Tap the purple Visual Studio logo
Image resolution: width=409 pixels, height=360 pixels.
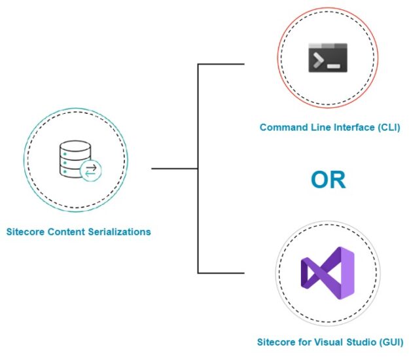pyautogui.click(x=327, y=274)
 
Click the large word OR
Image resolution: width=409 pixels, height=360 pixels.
pyautogui.click(x=328, y=179)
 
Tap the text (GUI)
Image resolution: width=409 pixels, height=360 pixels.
pyautogui.click(x=390, y=342)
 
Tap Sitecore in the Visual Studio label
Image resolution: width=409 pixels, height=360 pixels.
pyautogui.click(x=276, y=342)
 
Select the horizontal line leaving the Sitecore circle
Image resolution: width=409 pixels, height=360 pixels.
pyautogui.click(x=174, y=168)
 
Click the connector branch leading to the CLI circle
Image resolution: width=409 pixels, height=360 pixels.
pyautogui.click(x=221, y=64)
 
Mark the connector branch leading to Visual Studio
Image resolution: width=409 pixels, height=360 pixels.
pyautogui.click(x=221, y=272)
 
